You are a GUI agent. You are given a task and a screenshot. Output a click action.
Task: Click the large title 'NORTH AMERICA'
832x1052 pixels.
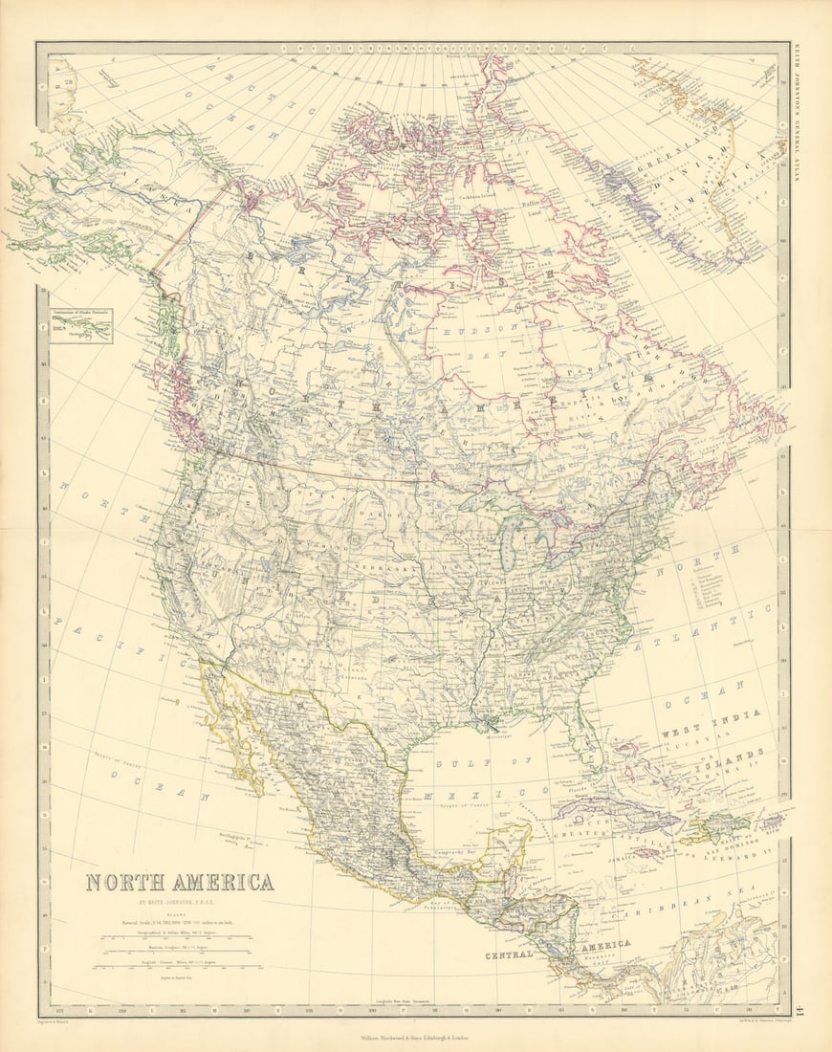point(180,882)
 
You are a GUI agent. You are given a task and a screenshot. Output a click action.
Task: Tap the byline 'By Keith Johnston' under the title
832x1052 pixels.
point(180,903)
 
